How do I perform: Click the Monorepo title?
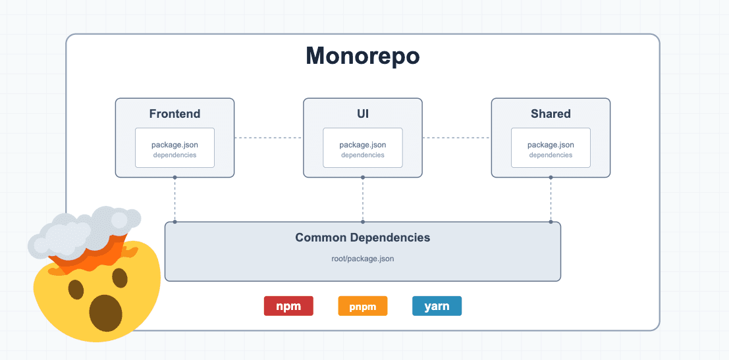coord(362,56)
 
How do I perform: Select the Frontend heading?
coord(175,114)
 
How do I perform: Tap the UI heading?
coord(362,114)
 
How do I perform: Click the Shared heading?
coord(551,114)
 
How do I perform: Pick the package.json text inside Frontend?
coord(175,145)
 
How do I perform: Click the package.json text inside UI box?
coord(362,145)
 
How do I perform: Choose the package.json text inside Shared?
coord(551,145)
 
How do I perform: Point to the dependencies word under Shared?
coord(551,155)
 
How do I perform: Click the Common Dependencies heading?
coord(362,238)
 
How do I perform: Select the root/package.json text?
coord(362,259)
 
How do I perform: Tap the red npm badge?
coord(288,306)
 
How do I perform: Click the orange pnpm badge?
coord(362,307)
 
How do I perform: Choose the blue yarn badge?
coord(437,306)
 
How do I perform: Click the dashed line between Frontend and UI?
coord(268,138)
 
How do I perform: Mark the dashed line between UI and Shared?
coord(456,138)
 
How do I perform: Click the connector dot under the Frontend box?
coord(175,177)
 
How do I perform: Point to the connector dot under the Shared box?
coord(551,177)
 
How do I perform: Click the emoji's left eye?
coord(76,289)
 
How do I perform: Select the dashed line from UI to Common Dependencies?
coord(362,199)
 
